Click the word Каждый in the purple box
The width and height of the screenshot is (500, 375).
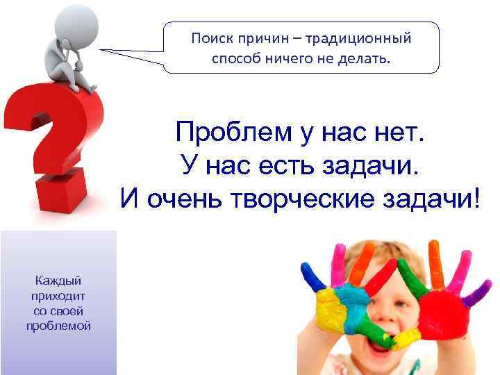pyautogui.click(x=58, y=281)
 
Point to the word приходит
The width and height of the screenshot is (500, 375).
pyautogui.click(x=58, y=296)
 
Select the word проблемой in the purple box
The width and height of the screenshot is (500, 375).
pyautogui.click(x=58, y=326)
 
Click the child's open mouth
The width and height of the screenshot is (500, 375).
pyautogui.click(x=385, y=344)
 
